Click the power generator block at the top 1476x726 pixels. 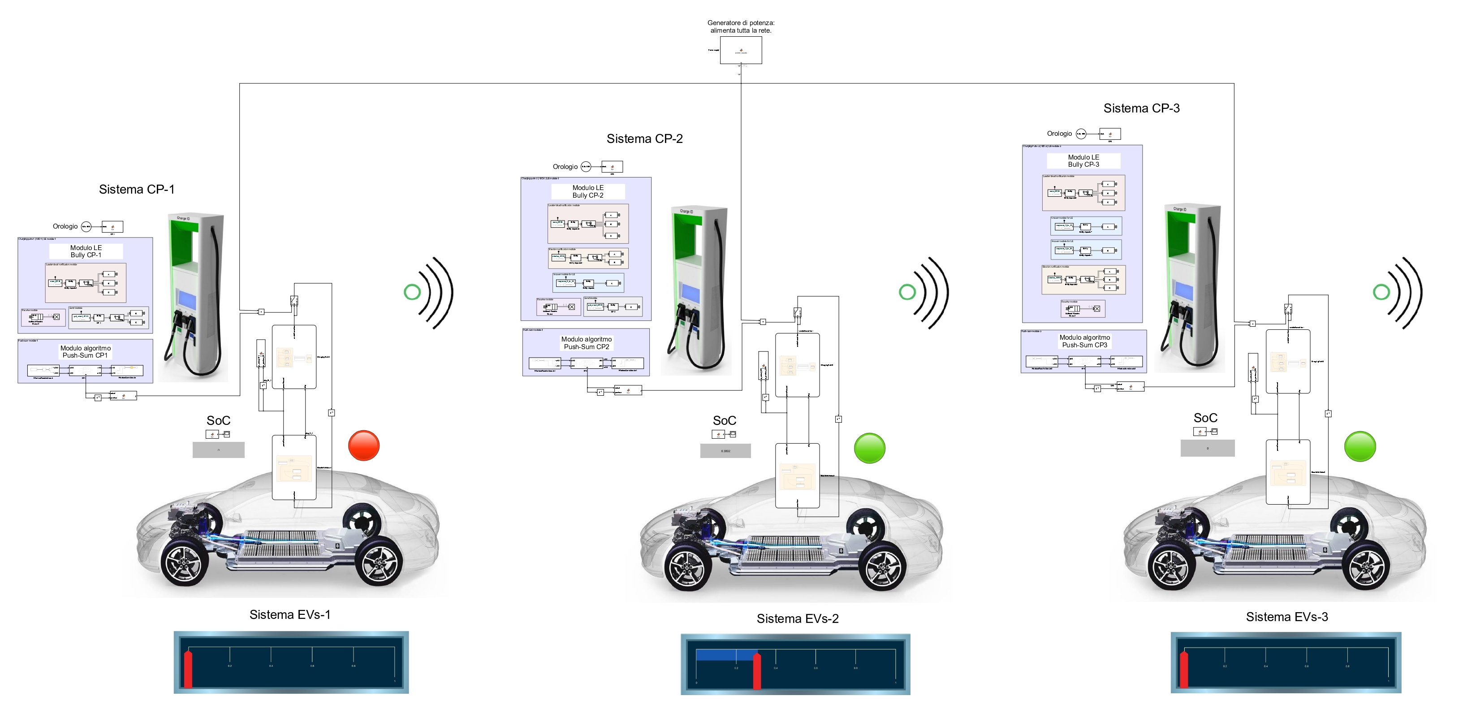click(740, 51)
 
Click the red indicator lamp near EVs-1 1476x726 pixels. click(364, 445)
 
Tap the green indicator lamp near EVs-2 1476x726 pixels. click(869, 448)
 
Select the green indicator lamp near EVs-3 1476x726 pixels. click(1359, 446)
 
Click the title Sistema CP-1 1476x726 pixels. click(136, 189)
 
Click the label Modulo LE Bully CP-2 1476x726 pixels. click(587, 191)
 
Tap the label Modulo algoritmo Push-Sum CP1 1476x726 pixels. click(86, 351)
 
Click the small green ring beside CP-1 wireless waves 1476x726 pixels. click(412, 292)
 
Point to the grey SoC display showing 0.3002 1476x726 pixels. click(725, 451)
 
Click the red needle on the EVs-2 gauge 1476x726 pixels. click(757, 670)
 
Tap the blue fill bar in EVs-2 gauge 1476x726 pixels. click(725, 655)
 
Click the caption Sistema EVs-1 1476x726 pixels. click(289, 614)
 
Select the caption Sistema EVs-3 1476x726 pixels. click(1286, 617)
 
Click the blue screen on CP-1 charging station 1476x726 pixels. click(187, 299)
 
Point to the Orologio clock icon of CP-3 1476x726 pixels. click(1081, 134)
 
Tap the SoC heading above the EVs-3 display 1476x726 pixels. click(1205, 418)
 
